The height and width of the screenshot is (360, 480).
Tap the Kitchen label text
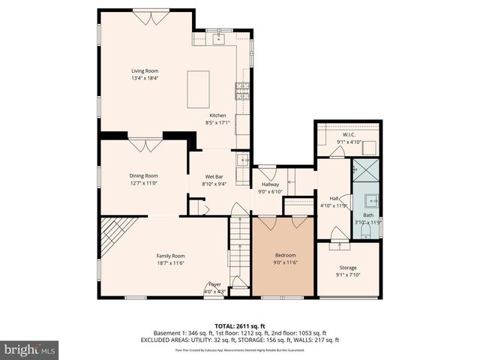[x=217, y=115]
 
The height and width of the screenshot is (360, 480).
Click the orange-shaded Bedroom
[x=283, y=259]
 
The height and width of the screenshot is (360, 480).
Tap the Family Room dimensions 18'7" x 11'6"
[x=170, y=263]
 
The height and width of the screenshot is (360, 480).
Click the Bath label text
[x=367, y=215]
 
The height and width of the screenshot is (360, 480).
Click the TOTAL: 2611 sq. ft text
[x=240, y=326]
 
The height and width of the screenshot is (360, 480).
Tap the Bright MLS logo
[x=30, y=349]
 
